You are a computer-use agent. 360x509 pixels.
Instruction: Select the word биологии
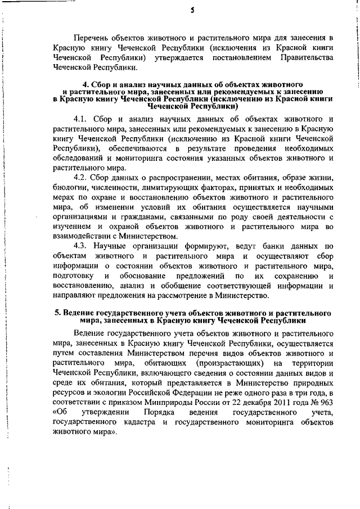68,189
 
